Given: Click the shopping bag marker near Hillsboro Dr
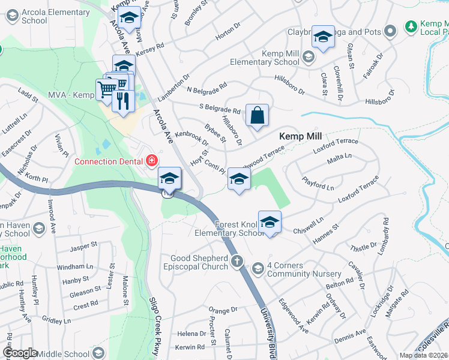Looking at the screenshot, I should point(257,115).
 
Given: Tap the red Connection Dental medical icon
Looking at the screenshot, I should point(151,160).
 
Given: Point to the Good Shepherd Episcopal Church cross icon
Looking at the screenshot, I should point(238,261).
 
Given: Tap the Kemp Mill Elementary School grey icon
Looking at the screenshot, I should point(309,57).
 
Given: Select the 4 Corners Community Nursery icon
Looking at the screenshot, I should point(258,266).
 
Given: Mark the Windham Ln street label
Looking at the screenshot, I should point(75,266).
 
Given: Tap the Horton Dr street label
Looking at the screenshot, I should point(228,35).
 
